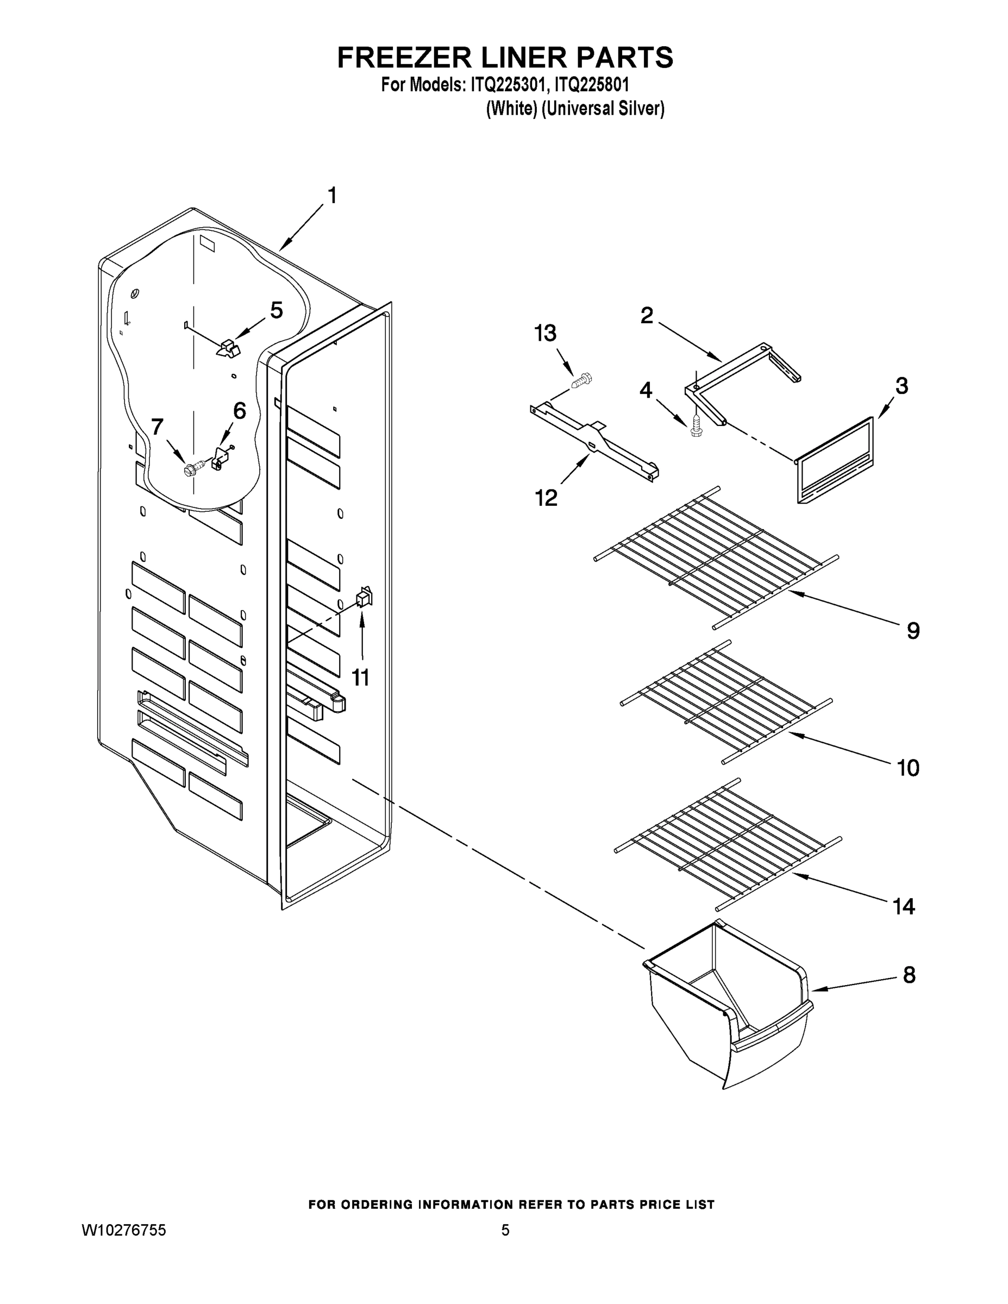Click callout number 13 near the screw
(544, 334)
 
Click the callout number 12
(546, 497)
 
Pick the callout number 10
(908, 768)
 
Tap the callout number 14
(904, 907)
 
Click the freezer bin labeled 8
(729, 1003)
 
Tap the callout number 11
(360, 678)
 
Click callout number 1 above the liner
(332, 195)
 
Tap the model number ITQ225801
(591, 84)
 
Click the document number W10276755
(123, 1230)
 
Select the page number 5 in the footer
(505, 1230)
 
